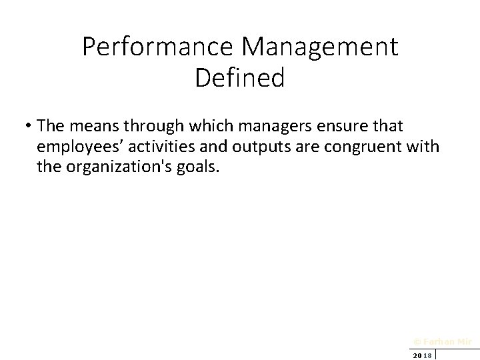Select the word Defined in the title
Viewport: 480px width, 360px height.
(240, 78)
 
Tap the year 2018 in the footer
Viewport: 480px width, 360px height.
(422, 355)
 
